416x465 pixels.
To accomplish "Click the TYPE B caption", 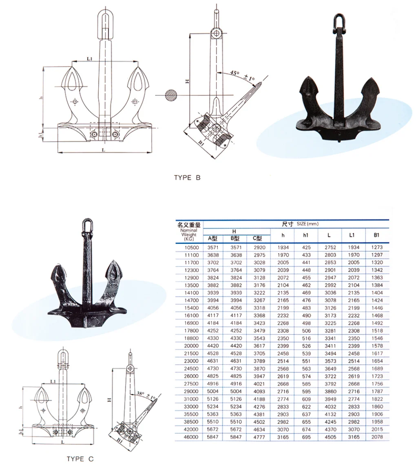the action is [187, 177].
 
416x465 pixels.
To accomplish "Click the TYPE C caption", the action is [80, 459].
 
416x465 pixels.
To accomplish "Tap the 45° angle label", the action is [234, 73].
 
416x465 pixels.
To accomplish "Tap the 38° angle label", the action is [140, 394].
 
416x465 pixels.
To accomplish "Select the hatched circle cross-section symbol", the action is [171, 95].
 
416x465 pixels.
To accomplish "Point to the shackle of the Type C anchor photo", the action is [87, 226].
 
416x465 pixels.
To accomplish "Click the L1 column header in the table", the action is [352, 235].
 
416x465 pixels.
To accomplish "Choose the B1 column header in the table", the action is [376, 235].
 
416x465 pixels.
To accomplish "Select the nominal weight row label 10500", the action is [191, 248].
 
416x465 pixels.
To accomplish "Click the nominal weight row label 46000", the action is [191, 437].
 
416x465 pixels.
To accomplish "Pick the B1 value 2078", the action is [377, 437].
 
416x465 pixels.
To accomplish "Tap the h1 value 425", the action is [306, 247].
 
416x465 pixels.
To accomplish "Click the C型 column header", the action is [258, 238].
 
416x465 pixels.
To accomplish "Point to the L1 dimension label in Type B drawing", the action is [90, 59].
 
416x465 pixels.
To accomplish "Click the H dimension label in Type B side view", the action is [187, 81].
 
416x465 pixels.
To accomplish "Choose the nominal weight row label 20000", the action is [191, 346].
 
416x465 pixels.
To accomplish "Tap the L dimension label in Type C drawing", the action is [62, 442].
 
